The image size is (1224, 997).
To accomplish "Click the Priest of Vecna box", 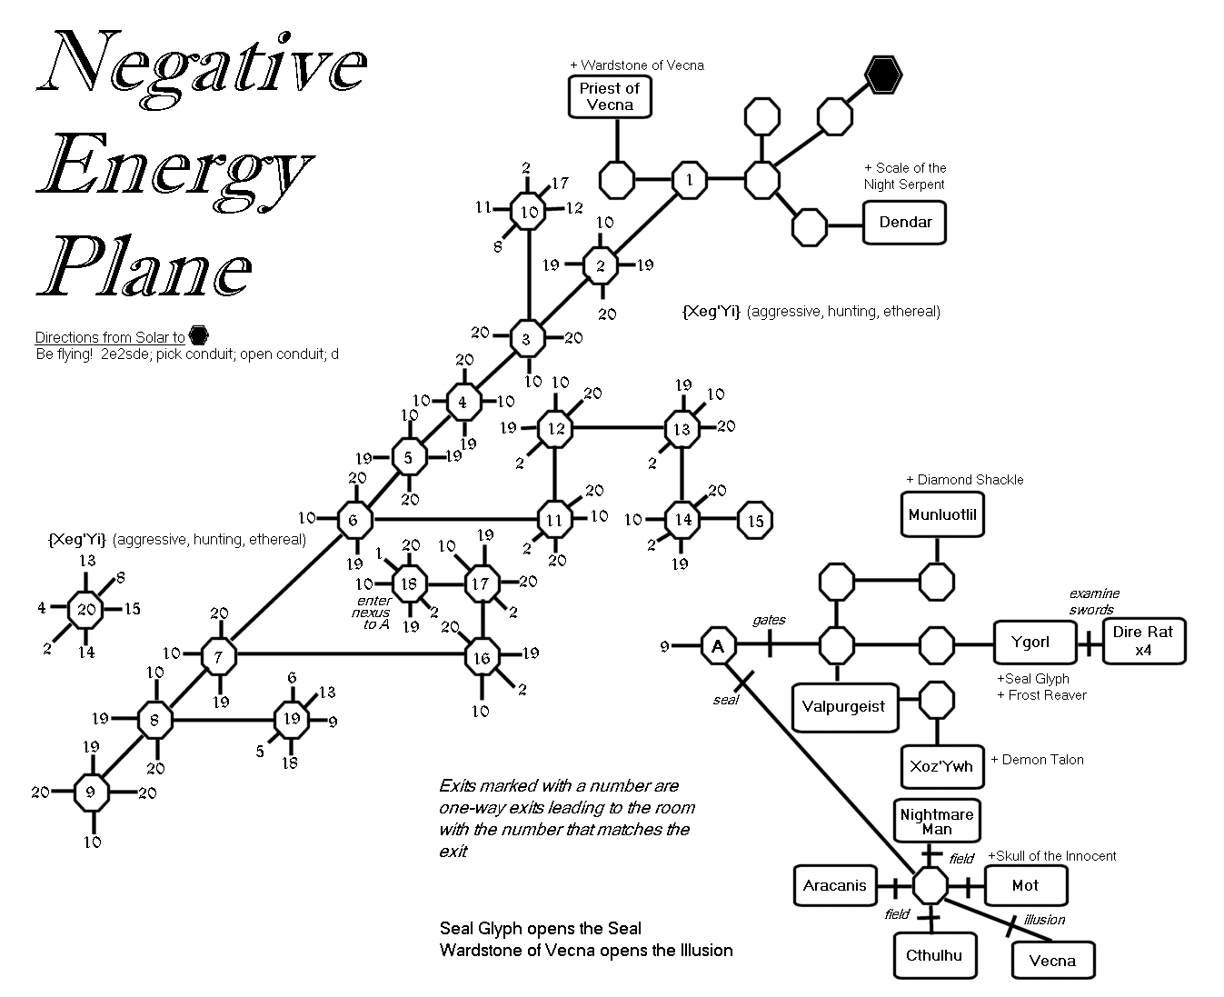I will tap(610, 96).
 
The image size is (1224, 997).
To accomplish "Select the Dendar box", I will tap(905, 223).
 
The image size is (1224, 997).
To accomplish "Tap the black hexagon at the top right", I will tap(882, 75).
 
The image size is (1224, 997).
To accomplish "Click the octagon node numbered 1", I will tap(690, 179).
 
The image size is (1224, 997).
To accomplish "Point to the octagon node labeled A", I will tap(718, 646).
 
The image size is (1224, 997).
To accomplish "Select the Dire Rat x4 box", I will tap(1143, 642).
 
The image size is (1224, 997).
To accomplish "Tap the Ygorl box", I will tap(1031, 643).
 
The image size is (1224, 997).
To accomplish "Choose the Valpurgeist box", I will tap(843, 706).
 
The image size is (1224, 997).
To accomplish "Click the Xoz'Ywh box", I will tap(940, 766).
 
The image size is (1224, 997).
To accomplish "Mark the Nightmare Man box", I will tap(937, 822).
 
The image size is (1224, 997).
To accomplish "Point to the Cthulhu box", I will tap(933, 955).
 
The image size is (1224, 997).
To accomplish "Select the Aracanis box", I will tap(835, 885).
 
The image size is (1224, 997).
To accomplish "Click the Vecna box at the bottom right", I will tap(1053, 961).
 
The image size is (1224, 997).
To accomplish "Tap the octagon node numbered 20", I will tap(86, 609).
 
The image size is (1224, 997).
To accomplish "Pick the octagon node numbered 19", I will tap(291, 720).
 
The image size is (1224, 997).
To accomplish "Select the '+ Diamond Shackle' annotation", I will tap(964, 480).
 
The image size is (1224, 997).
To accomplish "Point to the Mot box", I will tap(1024, 885).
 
